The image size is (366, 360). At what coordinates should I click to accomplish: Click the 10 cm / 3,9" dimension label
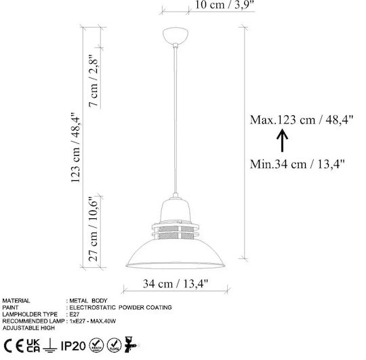point(224,5)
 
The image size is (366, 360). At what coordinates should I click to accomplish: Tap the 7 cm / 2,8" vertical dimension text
point(94,81)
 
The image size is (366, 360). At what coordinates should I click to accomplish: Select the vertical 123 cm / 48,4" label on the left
point(76,147)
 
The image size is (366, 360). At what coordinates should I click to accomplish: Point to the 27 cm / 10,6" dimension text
point(93,228)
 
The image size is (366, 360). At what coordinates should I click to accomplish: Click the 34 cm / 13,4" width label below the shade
point(176,283)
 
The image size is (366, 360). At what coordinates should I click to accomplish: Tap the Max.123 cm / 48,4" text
point(302,120)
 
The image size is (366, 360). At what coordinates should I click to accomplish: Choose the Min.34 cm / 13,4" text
point(297,164)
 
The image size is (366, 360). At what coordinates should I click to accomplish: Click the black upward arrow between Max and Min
point(282,140)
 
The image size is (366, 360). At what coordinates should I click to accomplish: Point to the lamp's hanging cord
point(176,120)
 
